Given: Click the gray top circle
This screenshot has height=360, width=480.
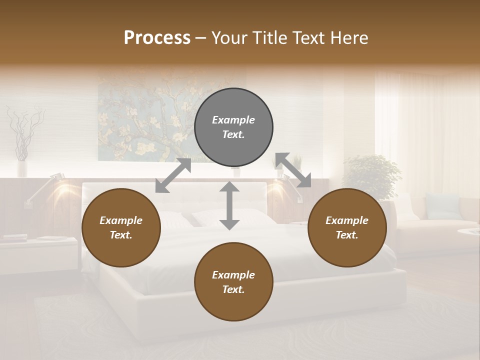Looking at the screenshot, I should (233, 127).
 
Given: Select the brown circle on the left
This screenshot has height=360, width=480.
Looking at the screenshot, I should (121, 228).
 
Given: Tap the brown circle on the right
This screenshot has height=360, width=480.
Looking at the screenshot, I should (347, 228).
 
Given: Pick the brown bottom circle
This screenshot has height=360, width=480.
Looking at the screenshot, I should (233, 282).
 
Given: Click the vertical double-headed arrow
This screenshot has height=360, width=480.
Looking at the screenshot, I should (229, 205).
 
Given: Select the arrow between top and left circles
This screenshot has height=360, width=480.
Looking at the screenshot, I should (173, 175).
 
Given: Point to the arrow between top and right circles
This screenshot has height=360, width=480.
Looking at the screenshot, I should (293, 170).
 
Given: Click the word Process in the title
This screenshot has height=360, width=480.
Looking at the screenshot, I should (157, 38).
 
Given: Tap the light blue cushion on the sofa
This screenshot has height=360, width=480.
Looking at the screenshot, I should (442, 206).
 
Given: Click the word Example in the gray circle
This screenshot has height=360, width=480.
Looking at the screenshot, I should (233, 120).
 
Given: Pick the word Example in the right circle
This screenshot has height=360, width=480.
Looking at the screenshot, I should (347, 220).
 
